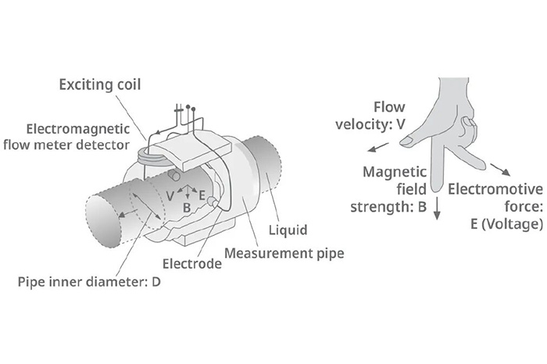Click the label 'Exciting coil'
click(x=99, y=83)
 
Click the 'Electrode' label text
click(x=191, y=263)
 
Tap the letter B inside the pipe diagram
click(x=187, y=208)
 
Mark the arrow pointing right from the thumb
click(x=508, y=170)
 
